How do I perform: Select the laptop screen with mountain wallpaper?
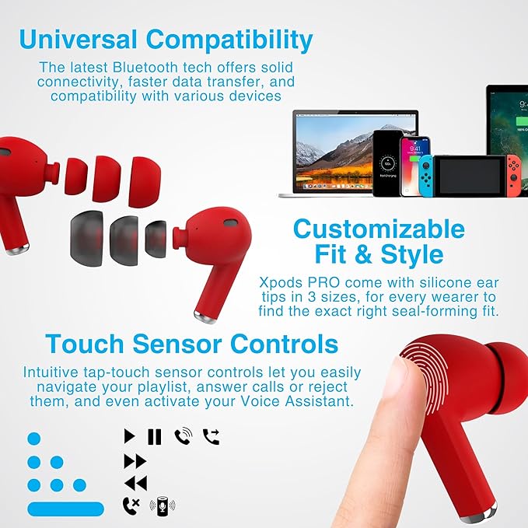click(355, 148)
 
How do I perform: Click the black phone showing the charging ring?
click(386, 163)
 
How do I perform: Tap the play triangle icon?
click(130, 436)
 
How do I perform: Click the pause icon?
click(154, 436)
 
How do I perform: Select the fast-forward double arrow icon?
click(135, 460)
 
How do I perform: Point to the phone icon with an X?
click(131, 505)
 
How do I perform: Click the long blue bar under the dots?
click(65, 509)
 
